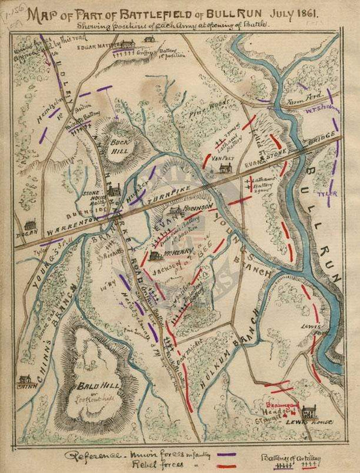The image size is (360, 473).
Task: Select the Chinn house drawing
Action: click(25, 380)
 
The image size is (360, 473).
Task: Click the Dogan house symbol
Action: click(30, 224)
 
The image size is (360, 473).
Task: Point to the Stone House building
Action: click(113, 190)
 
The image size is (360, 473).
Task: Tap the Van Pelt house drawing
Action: click(226, 169)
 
